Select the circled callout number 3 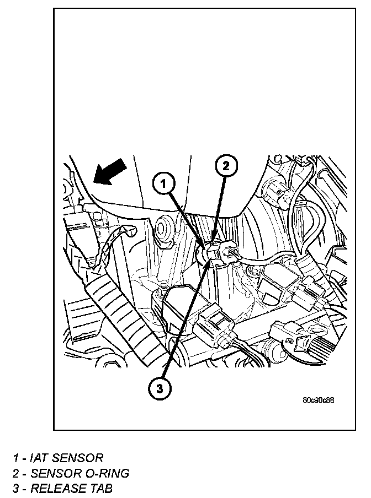(x=160, y=389)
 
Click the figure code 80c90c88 (x=319, y=400)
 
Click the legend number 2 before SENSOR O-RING (x=17, y=473)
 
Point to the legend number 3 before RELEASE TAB (x=17, y=489)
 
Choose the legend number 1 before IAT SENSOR (x=17, y=458)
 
